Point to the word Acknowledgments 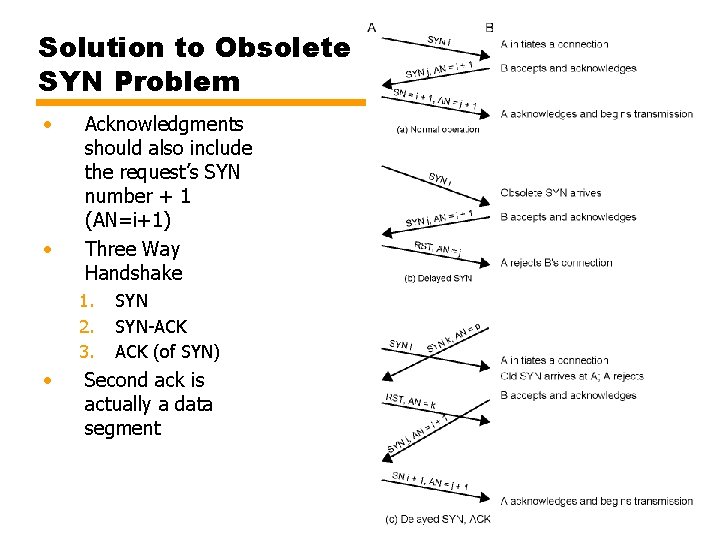tap(164, 125)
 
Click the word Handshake tap(134, 272)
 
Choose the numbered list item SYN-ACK tap(151, 326)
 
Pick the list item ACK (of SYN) tap(167, 351)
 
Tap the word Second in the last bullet tap(118, 380)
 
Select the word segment tap(122, 428)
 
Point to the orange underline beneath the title tap(200, 102)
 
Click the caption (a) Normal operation tap(439, 129)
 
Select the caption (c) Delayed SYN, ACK tap(438, 519)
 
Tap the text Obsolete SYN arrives tap(554, 192)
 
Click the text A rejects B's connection tap(556, 262)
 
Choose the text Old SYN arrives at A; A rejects tap(572, 377)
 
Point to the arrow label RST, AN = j tap(438, 249)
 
